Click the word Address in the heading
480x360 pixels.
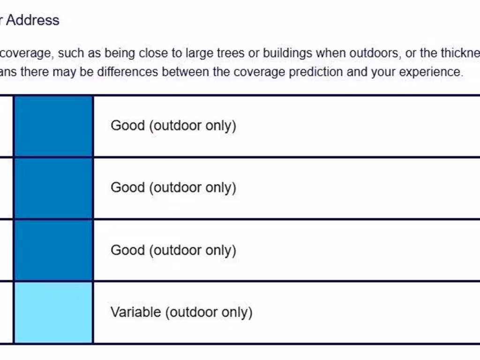pyautogui.click(x=32, y=20)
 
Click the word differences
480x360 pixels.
pyautogui.click(x=127, y=72)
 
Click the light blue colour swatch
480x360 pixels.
pyautogui.click(x=53, y=312)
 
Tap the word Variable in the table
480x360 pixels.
pyautogui.click(x=136, y=312)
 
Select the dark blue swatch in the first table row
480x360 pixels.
pyautogui.click(x=53, y=126)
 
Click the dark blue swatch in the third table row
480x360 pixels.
pyautogui.click(x=53, y=250)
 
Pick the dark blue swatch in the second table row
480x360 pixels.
pyautogui.click(x=53, y=188)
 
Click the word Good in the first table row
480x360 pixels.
pyautogui.click(x=127, y=126)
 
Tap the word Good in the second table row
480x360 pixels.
pyautogui.click(x=127, y=187)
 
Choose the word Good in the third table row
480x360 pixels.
pyautogui.click(x=127, y=250)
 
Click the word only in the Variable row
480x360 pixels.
pyautogui.click(x=237, y=313)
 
